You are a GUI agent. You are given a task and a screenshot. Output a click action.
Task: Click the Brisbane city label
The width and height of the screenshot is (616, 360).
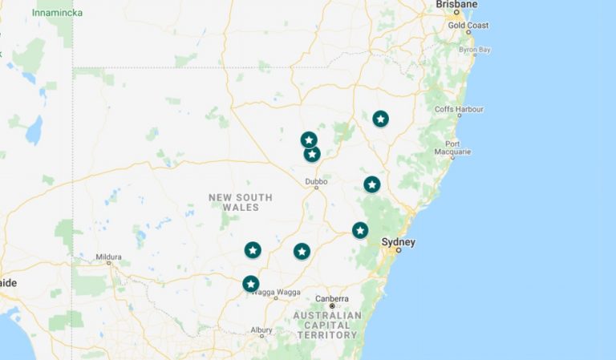[x=456, y=5]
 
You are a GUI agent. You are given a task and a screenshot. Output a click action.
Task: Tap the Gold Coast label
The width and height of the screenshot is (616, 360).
[x=468, y=26]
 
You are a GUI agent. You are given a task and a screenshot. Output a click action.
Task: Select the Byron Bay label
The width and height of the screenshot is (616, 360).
[x=474, y=50]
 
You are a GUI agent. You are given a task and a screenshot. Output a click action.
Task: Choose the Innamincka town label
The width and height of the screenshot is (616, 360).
[x=57, y=13]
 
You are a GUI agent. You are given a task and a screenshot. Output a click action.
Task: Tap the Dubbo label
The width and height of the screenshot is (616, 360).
[x=317, y=182]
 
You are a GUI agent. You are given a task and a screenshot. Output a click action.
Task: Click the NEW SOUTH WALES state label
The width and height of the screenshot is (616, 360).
[x=241, y=202]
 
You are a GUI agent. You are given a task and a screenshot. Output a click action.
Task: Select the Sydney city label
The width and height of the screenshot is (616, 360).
[x=399, y=241]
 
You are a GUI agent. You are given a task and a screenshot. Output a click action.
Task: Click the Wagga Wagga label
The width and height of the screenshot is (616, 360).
[x=277, y=292]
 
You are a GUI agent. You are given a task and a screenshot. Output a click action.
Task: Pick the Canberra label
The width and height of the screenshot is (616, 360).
[x=332, y=299]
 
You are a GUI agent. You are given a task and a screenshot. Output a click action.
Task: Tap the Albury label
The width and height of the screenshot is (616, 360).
[x=261, y=330]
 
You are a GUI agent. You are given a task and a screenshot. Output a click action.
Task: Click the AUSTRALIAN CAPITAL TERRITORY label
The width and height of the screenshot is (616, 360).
[x=328, y=325]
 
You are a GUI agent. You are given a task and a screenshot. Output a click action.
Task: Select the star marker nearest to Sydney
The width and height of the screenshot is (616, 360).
[x=360, y=230]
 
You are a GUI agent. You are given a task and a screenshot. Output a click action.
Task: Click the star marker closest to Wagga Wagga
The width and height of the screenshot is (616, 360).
[x=250, y=284]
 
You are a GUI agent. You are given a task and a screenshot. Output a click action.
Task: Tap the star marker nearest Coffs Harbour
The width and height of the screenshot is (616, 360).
[x=380, y=119]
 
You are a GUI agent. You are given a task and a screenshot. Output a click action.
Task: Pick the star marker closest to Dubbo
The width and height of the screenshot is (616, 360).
[x=312, y=153]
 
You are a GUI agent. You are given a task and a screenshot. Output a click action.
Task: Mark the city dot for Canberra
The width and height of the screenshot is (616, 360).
[x=332, y=306]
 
